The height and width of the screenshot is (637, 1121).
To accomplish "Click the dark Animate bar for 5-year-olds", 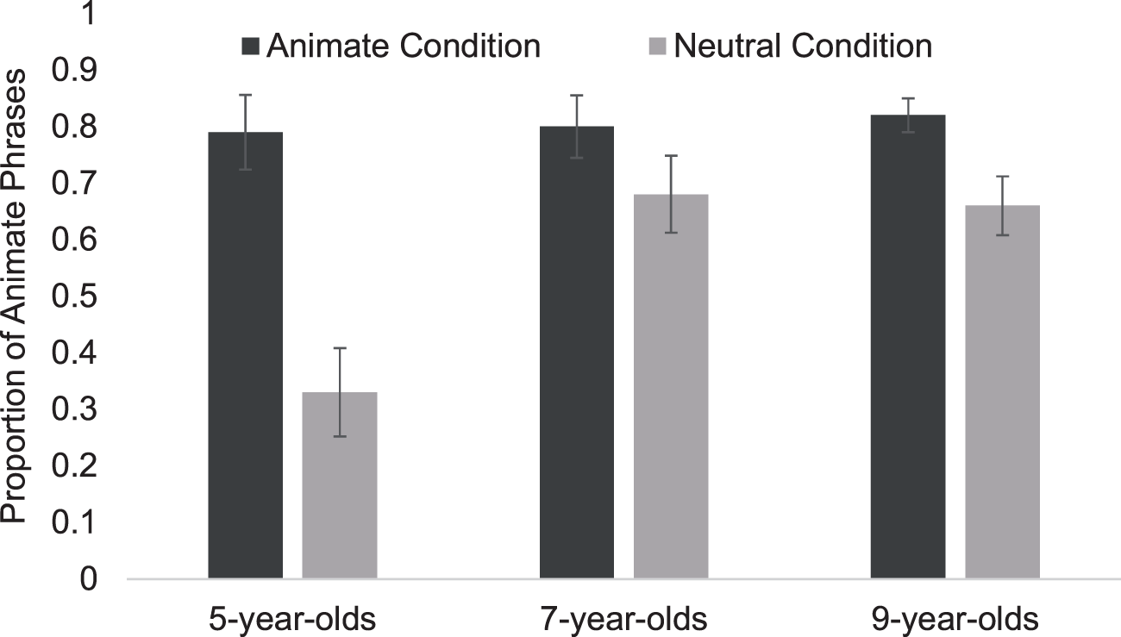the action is point(245,355).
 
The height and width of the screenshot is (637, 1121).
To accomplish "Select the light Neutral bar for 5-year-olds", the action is point(339,485).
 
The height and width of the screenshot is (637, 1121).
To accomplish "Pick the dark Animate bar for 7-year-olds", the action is point(577,353).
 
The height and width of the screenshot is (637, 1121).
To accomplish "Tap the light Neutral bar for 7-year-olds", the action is point(671,386).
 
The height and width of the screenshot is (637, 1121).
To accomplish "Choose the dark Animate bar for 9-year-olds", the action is point(908,347).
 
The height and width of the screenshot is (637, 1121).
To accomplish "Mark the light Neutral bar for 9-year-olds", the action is point(1002,392).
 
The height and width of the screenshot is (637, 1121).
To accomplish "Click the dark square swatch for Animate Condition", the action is point(250,46).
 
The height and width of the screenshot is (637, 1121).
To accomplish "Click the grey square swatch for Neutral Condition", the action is point(658,46).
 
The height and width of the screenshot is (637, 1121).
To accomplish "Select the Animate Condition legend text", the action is point(404,46).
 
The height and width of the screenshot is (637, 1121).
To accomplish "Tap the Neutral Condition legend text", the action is point(803,46).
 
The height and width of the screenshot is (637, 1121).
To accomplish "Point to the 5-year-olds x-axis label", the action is point(292,620).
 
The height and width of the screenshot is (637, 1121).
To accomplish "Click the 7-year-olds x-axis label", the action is point(624,620).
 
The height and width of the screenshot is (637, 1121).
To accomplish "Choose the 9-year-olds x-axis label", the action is point(955,620).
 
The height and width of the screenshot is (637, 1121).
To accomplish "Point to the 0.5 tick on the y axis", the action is point(74,297).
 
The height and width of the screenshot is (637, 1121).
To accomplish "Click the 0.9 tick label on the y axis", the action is point(74,70).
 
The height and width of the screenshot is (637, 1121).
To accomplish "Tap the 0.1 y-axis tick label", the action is point(74,522).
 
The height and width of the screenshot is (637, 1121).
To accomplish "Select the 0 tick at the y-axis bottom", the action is point(88,579).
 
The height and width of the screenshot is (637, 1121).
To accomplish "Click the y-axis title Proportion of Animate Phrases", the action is point(13,297).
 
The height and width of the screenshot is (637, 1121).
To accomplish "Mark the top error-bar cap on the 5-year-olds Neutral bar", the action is point(339,347).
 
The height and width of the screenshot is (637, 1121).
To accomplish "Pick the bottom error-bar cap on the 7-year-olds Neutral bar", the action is point(671,233).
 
